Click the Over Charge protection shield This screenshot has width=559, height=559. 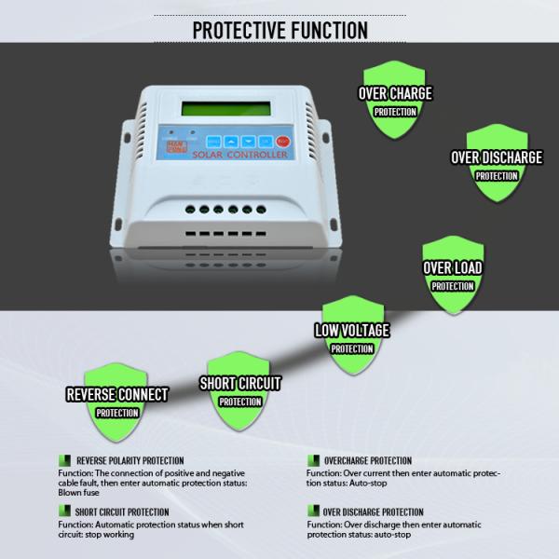click(x=395, y=102)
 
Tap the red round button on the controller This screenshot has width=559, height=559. click(x=283, y=142)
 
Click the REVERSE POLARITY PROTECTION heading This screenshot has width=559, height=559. click(x=130, y=460)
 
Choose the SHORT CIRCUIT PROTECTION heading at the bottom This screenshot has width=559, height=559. click(x=122, y=511)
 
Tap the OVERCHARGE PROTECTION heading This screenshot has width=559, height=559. click(x=367, y=460)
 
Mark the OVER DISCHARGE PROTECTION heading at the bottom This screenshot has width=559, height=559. click(x=373, y=511)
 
